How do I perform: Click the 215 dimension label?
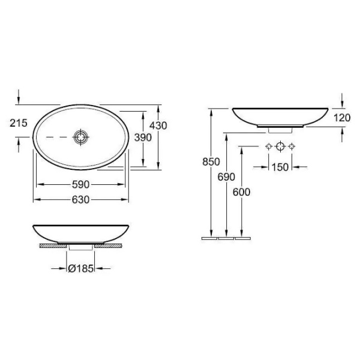(19, 123)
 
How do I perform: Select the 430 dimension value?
(158, 125)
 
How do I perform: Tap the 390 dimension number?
(143, 137)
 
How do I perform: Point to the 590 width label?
(80, 184)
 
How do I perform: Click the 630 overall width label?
(80, 200)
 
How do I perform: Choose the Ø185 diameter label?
(81, 268)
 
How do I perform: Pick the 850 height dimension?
(211, 161)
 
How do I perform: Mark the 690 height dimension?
(226, 177)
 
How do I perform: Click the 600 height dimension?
(241, 192)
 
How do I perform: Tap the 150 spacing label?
(280, 167)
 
